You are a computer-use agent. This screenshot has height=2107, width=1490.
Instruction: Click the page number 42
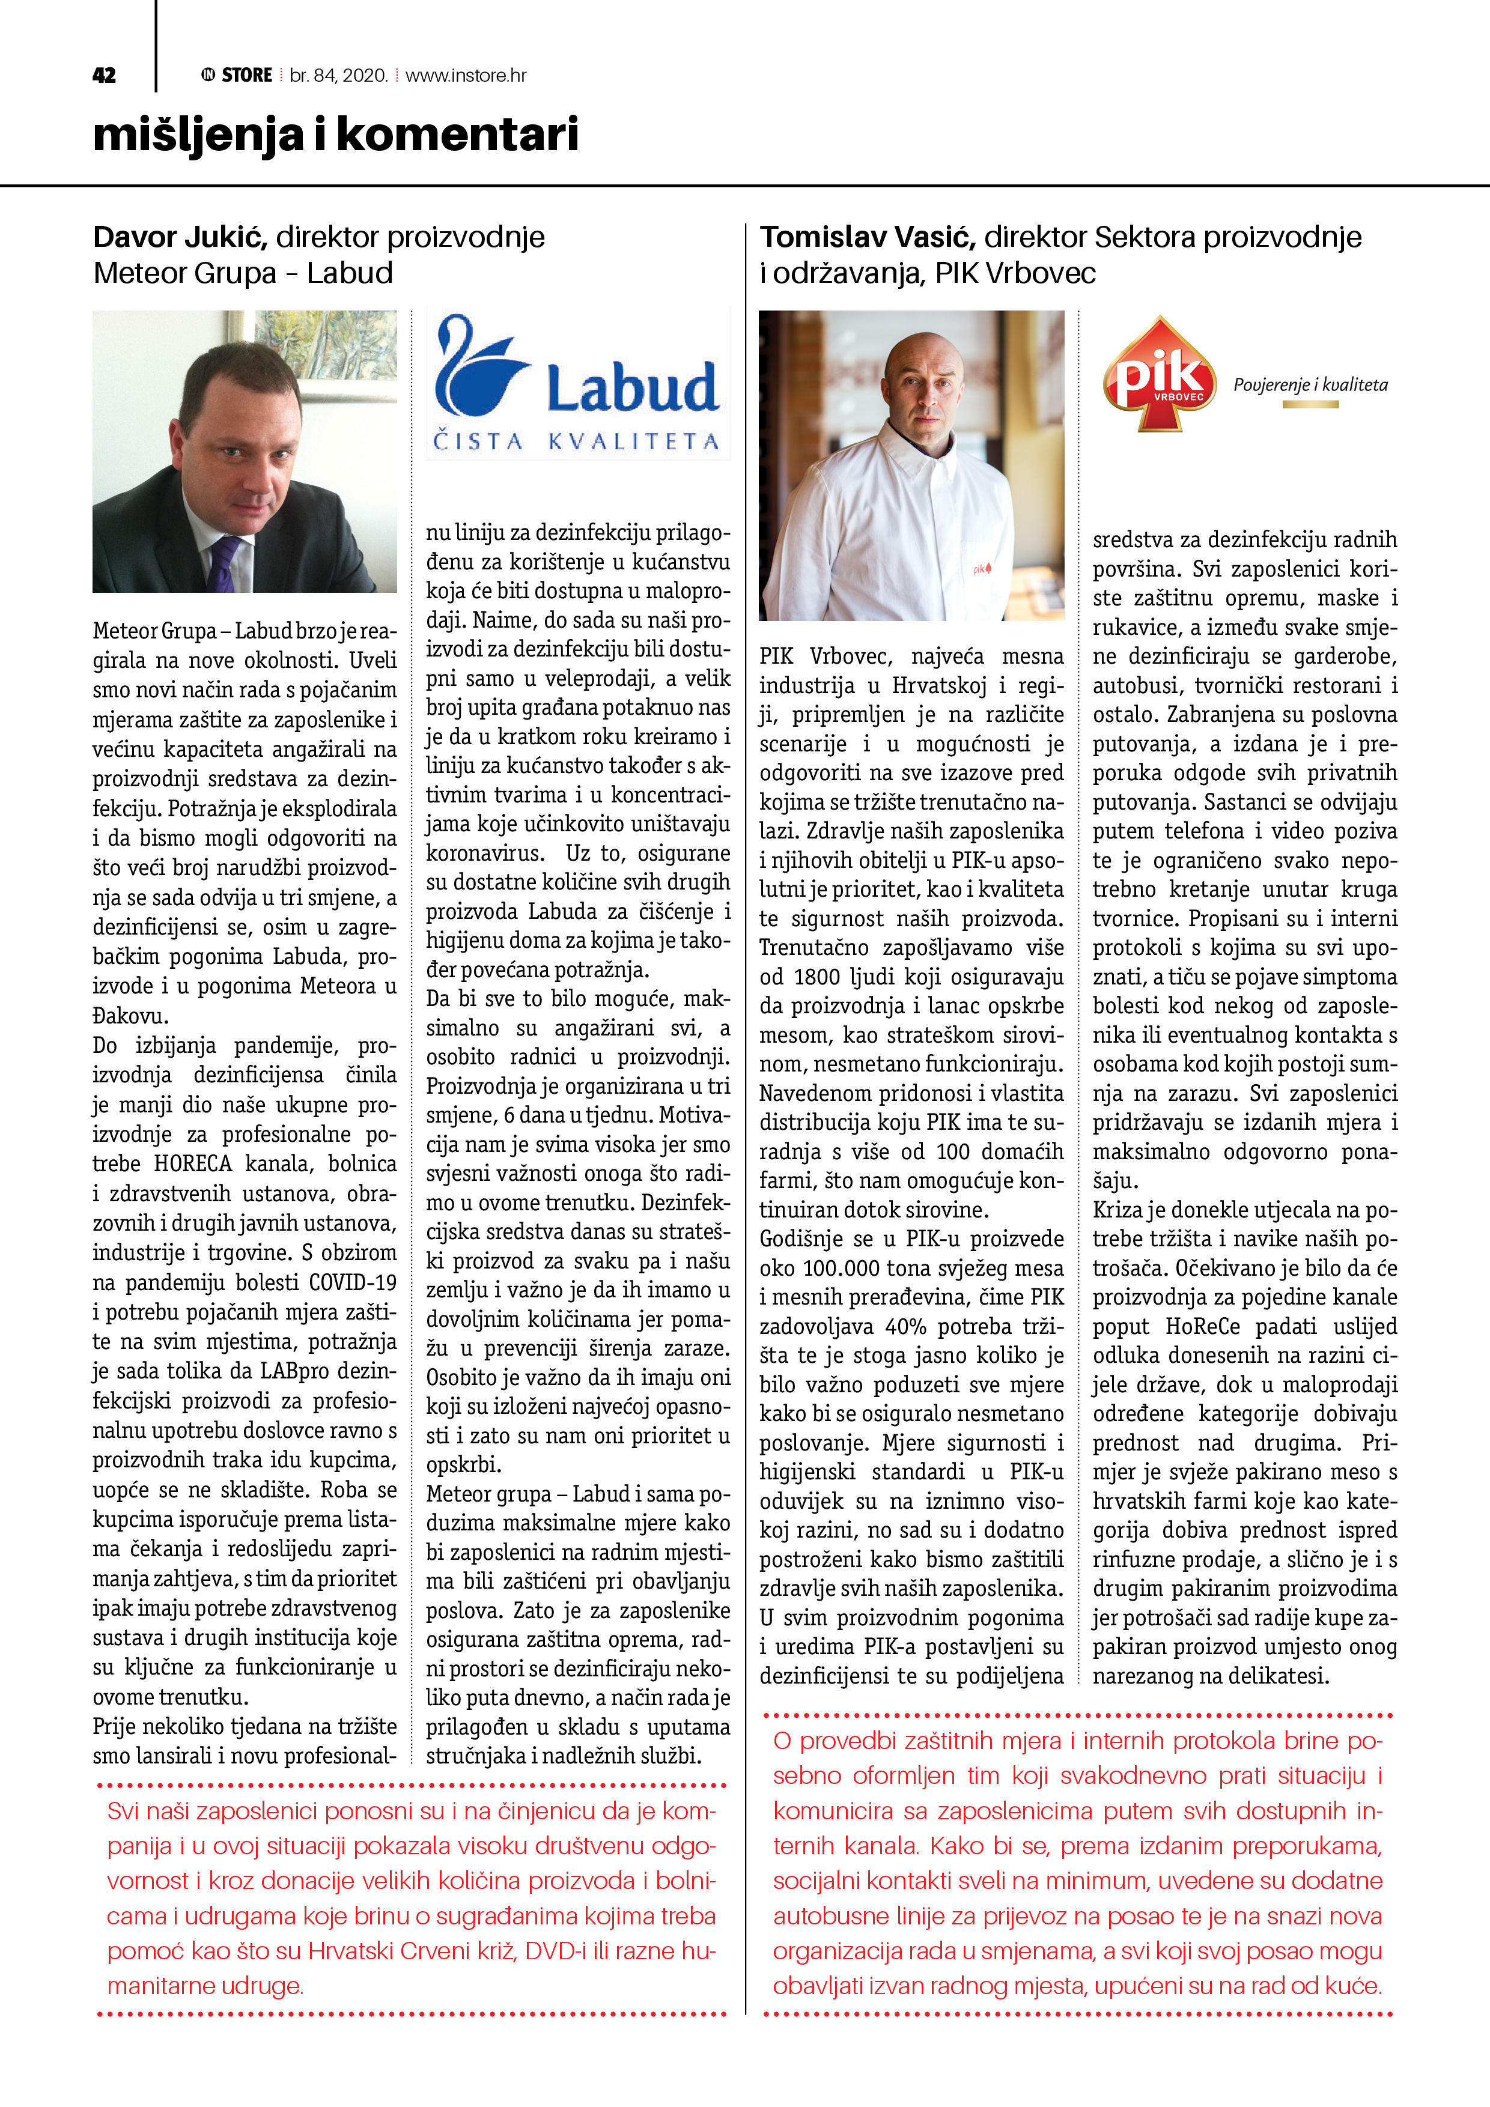click(x=104, y=75)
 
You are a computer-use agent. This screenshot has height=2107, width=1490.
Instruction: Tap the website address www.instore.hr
click(x=466, y=75)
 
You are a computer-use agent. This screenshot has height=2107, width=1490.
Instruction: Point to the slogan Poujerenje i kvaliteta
click(x=1310, y=384)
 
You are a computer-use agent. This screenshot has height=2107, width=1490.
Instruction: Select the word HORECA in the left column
click(x=193, y=1163)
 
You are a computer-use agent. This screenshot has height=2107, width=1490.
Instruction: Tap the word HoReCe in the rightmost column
click(x=1203, y=1326)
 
